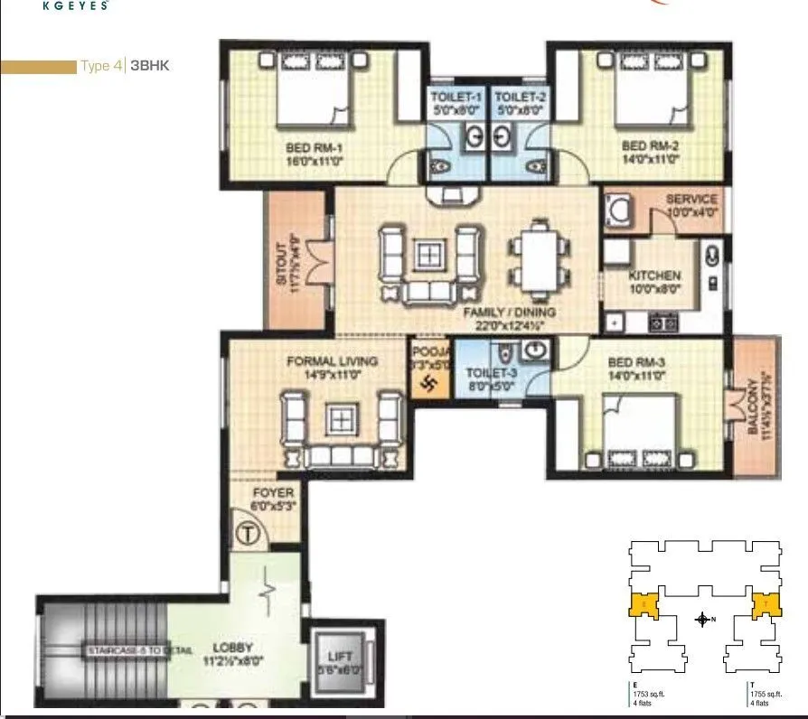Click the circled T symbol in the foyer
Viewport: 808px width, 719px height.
(x=245, y=534)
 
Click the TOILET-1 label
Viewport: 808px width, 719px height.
(x=456, y=96)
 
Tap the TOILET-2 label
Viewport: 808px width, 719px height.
(x=518, y=96)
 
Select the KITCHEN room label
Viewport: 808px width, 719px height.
(x=655, y=275)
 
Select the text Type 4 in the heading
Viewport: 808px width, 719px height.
(x=100, y=66)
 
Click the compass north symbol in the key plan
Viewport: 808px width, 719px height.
(x=702, y=620)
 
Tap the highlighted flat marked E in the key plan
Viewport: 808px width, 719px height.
(x=643, y=603)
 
